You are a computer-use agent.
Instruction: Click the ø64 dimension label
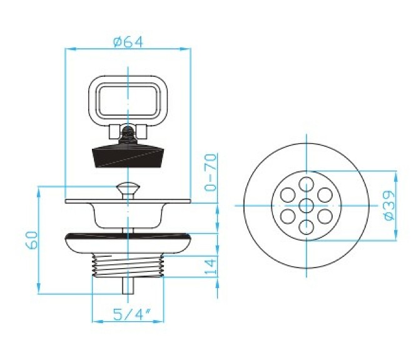[x=128, y=41]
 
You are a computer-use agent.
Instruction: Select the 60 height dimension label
[x=33, y=239]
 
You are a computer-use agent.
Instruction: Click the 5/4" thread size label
[x=128, y=314]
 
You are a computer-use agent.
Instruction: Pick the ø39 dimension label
[x=388, y=204]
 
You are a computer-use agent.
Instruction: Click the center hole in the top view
[x=305, y=205]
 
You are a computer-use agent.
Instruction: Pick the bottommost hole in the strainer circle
[x=305, y=226]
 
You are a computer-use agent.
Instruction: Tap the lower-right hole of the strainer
[x=323, y=216]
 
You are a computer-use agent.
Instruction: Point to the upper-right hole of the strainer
[x=323, y=194]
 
